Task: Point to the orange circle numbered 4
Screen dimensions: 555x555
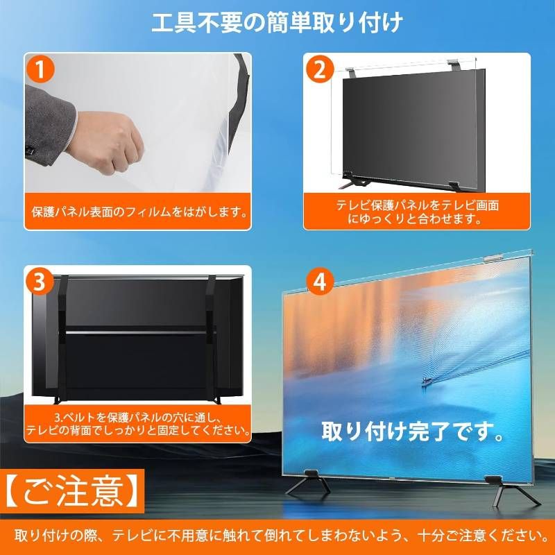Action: tap(320, 282)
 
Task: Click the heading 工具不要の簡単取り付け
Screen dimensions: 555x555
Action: tap(277, 23)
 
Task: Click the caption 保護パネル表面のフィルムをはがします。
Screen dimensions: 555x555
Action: tap(139, 211)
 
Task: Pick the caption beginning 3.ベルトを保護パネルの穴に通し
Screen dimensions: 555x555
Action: tap(139, 425)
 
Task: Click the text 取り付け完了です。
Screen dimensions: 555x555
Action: tap(413, 432)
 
